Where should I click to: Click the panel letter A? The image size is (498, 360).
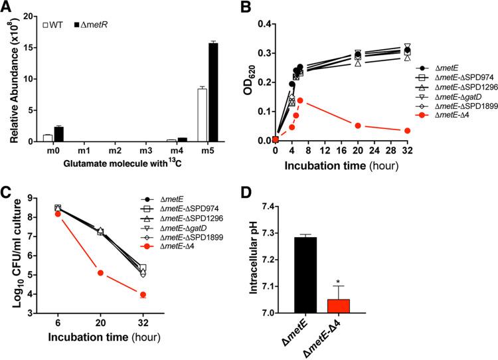[7, 9]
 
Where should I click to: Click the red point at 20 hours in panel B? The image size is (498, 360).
[357, 126]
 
